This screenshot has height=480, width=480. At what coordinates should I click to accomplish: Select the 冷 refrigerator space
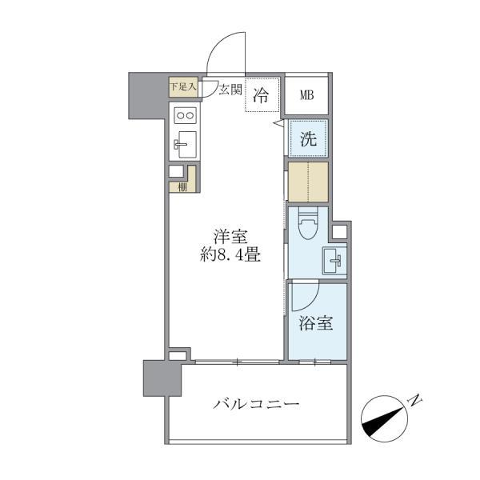click(262, 95)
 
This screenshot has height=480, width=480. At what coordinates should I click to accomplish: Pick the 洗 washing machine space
click(308, 138)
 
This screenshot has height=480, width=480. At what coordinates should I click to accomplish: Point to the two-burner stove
click(186, 114)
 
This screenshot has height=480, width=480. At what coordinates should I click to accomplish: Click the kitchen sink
click(186, 146)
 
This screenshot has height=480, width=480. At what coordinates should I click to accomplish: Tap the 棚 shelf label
click(182, 188)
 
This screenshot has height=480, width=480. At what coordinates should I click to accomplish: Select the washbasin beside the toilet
click(334, 259)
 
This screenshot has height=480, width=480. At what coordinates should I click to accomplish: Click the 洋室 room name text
click(230, 237)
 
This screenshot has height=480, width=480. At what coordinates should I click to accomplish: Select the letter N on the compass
click(415, 400)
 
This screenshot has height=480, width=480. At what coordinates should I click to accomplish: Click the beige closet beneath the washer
click(308, 182)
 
